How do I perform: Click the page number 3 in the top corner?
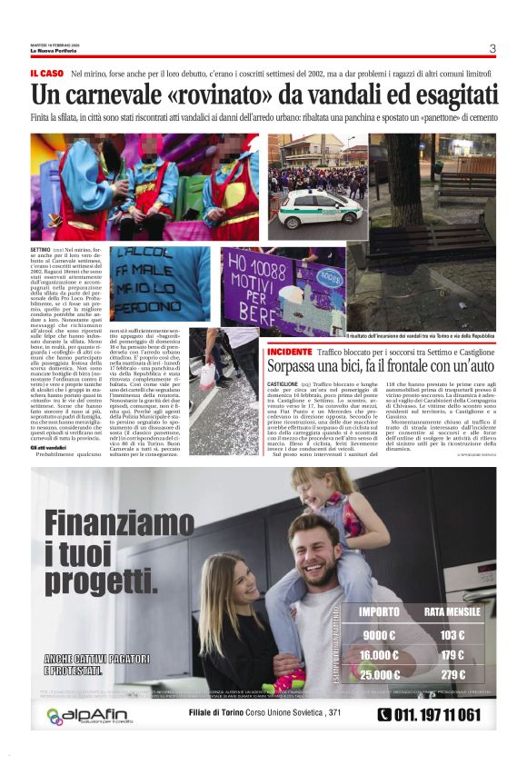(x=492, y=49)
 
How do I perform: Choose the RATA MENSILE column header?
(x=452, y=611)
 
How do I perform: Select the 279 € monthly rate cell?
(x=452, y=674)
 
